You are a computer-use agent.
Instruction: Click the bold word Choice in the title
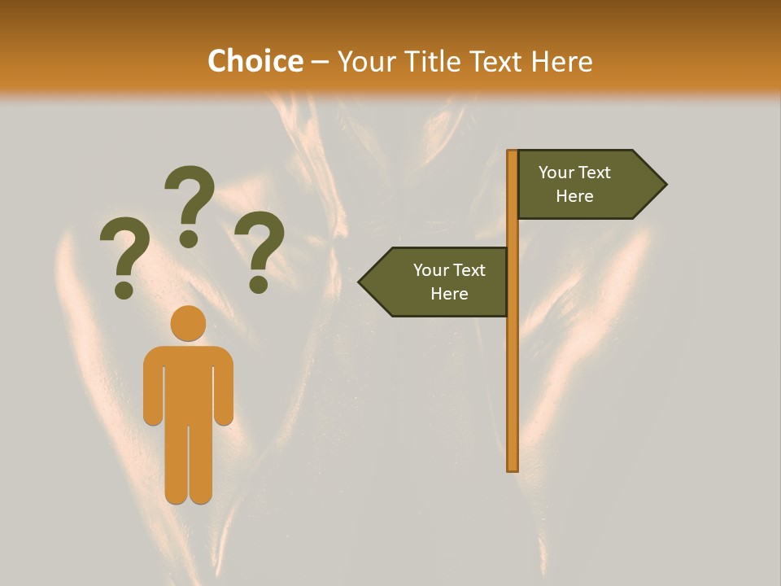pyautogui.click(x=255, y=62)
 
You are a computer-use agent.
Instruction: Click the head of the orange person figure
pyautogui.click(x=188, y=323)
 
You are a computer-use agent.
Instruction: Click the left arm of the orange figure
pyautogui.click(x=152, y=391)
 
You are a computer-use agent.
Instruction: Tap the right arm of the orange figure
pyautogui.click(x=224, y=391)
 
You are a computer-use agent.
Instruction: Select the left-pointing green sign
pyautogui.click(x=439, y=282)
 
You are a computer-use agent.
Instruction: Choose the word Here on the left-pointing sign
pyautogui.click(x=449, y=294)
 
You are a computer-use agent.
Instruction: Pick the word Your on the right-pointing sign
pyautogui.click(x=557, y=173)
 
